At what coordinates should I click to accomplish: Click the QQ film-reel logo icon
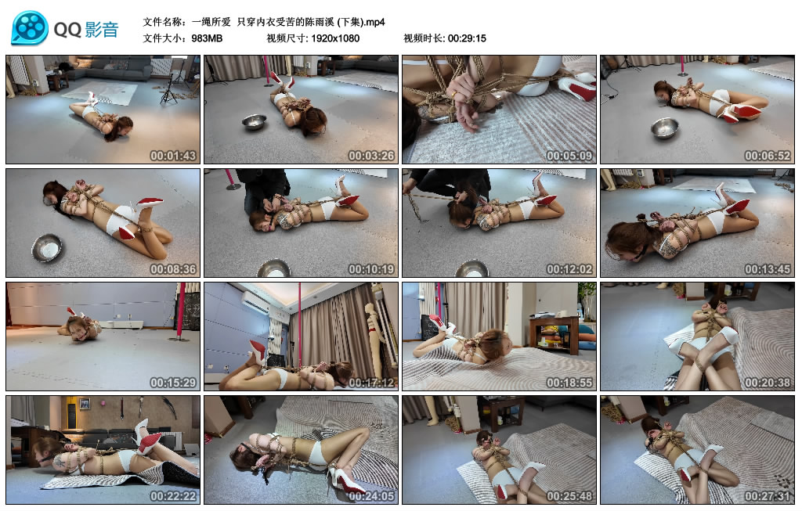[30, 28]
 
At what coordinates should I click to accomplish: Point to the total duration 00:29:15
[467, 38]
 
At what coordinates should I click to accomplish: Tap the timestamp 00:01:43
[173, 156]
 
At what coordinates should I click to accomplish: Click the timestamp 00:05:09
[569, 156]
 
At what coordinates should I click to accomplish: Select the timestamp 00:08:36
[173, 269]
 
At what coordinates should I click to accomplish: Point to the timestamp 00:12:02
[569, 269]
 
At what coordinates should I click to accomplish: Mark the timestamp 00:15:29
[173, 383]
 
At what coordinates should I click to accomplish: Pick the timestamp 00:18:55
[569, 383]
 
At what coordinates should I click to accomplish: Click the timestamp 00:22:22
[173, 496]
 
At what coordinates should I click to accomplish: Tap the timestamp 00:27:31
[768, 496]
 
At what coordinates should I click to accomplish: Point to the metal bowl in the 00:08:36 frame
[46, 248]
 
